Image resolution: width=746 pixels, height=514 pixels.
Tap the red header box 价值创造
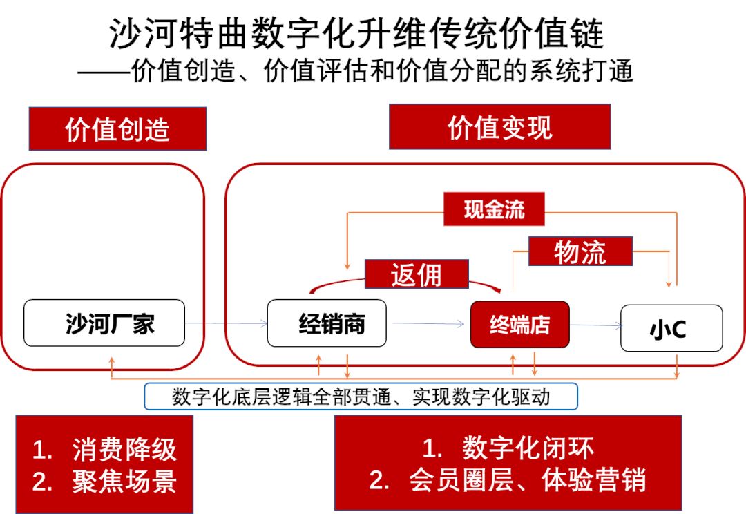tap(117, 129)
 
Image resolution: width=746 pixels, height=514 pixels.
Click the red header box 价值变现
tap(499, 126)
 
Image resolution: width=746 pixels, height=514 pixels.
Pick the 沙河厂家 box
tap(104, 323)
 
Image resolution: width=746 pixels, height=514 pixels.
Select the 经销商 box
tap(327, 323)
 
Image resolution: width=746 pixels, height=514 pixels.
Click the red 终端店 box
tap(520, 325)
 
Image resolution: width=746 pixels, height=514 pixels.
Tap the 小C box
tap(671, 328)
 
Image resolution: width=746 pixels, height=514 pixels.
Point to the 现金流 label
tap(494, 209)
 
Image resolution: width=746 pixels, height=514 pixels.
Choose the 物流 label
tap(580, 251)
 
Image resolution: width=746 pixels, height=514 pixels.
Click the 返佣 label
tap(417, 274)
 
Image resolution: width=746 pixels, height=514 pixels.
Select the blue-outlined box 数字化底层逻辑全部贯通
tap(361, 397)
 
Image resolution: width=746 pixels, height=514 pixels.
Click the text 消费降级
tap(124, 450)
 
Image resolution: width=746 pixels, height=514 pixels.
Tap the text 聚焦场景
tap(124, 482)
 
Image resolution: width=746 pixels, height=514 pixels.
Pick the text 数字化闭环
tap(528, 448)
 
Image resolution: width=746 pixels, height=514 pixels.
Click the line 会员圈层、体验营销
tap(527, 479)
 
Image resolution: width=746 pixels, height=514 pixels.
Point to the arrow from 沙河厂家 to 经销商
tap(227, 323)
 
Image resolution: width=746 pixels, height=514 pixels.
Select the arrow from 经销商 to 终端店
tap(428, 323)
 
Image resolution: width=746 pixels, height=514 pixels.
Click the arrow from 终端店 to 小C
tap(596, 325)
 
